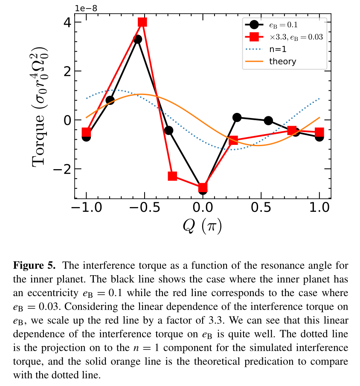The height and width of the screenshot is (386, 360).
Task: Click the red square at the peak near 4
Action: point(142,22)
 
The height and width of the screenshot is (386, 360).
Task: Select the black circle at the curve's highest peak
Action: point(138,39)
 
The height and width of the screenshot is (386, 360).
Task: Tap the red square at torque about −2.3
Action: point(172,176)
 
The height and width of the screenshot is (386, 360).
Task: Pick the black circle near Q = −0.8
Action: point(110,101)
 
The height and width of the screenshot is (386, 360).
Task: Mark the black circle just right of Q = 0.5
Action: point(268,121)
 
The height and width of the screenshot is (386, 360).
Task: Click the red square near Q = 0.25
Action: point(233,140)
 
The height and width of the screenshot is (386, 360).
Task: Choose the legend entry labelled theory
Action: point(282,61)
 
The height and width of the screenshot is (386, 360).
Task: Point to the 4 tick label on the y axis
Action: point(66,22)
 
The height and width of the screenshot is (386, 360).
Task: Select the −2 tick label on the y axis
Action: point(61,169)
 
